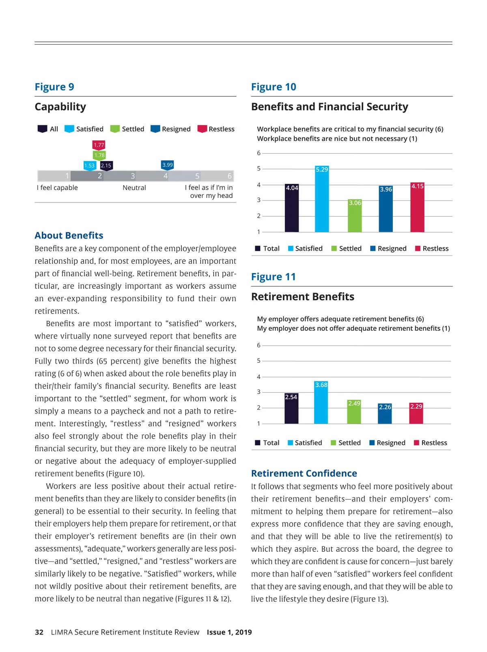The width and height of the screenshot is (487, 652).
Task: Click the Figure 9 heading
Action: [x=54, y=87]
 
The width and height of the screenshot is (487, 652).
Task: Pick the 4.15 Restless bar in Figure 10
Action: [x=417, y=207]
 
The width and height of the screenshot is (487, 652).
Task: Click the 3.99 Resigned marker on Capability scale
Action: [x=167, y=165]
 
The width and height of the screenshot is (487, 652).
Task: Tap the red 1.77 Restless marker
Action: [x=99, y=145]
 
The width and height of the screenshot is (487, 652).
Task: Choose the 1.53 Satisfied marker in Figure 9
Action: [x=89, y=166]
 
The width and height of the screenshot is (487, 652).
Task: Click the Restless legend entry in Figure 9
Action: [x=216, y=129]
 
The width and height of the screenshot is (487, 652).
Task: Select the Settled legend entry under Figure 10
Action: [x=346, y=248]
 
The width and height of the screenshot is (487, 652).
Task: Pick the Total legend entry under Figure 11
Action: [x=267, y=443]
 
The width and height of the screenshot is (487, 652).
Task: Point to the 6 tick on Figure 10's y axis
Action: [x=259, y=153]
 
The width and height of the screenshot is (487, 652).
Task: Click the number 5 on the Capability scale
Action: [x=197, y=176]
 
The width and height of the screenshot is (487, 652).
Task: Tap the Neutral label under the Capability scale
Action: [x=134, y=187]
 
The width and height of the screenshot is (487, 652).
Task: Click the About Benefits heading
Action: [x=69, y=235]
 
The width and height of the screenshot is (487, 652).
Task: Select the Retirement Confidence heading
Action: [x=304, y=473]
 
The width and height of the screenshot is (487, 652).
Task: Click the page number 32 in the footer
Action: [x=39, y=632]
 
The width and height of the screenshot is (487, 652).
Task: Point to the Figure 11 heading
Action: [x=274, y=277]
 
